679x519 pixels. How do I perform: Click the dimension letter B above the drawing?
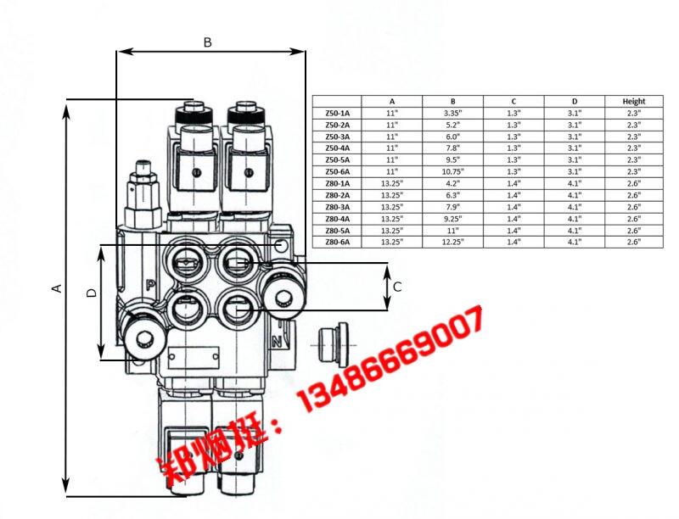click(208, 42)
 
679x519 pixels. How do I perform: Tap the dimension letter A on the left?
click(57, 288)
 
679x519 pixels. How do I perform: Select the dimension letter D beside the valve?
click(92, 293)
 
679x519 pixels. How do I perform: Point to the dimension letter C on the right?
click(397, 287)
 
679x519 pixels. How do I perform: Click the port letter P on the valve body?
click(150, 285)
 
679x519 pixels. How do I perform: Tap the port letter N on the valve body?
click(277, 342)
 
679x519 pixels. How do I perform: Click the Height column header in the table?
click(633, 101)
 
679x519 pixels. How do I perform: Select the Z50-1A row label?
click(337, 114)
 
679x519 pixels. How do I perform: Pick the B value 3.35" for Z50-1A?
click(453, 114)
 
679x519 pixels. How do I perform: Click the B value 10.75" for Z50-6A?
click(453, 171)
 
